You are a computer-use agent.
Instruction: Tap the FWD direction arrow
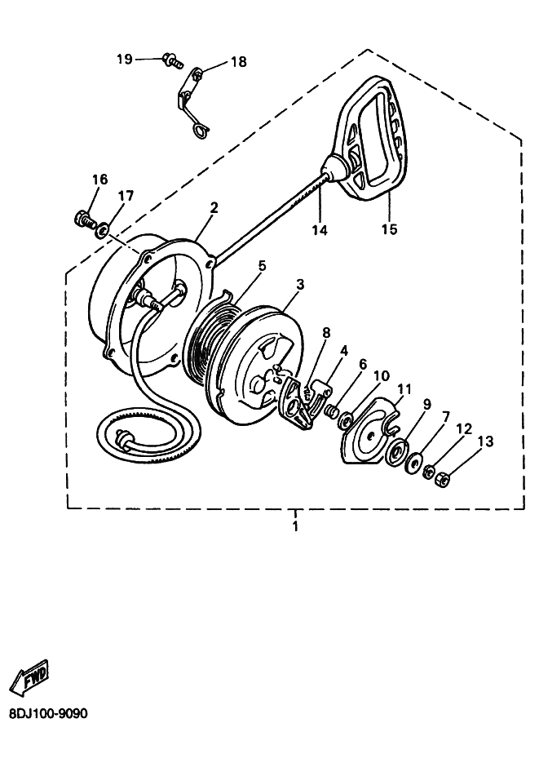pyautogui.click(x=29, y=676)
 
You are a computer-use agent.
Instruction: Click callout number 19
pyautogui.click(x=125, y=59)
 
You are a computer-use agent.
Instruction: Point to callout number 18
pyautogui.click(x=238, y=62)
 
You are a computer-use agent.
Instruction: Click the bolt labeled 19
pyautogui.click(x=174, y=60)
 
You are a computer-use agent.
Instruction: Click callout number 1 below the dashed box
pyautogui.click(x=295, y=526)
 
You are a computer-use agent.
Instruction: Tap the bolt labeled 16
pyautogui.click(x=85, y=220)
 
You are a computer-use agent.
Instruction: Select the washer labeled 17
pyautogui.click(x=102, y=228)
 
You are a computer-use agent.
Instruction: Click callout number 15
pyautogui.click(x=389, y=228)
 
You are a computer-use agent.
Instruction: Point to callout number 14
pyautogui.click(x=320, y=229)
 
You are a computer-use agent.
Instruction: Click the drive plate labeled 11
pyautogui.click(x=370, y=431)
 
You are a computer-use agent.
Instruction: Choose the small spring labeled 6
pyautogui.click(x=331, y=410)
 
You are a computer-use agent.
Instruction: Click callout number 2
pyautogui.click(x=214, y=208)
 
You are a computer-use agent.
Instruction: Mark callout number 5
pyautogui.click(x=262, y=266)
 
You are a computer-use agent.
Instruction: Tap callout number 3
pyautogui.click(x=300, y=284)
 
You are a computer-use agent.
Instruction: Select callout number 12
pyautogui.click(x=464, y=428)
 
